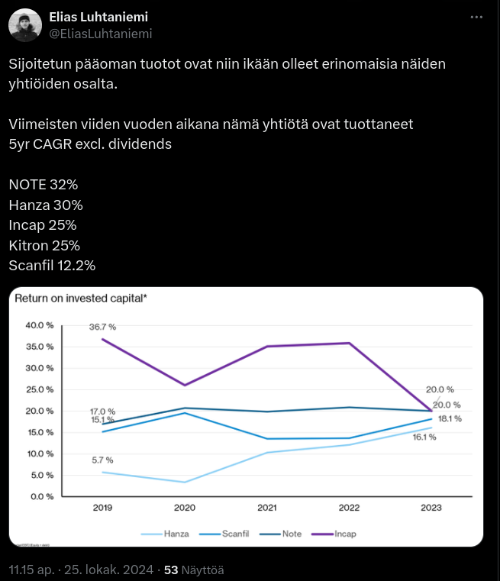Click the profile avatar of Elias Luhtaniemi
coord(25,25)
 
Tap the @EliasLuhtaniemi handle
coord(101,34)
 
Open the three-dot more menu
coord(476,17)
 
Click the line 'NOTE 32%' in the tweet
coord(44,185)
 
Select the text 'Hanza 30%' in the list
coord(46,205)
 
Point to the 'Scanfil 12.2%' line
coord(52,265)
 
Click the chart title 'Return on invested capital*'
coord(81,299)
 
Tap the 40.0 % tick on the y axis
coord(40,325)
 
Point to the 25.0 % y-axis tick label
coord(40,389)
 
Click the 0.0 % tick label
coord(42,496)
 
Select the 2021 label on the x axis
coord(266,508)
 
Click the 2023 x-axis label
coord(431,508)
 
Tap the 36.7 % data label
coord(102,327)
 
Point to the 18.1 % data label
coord(450,419)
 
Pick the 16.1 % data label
coord(424,437)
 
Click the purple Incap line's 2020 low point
coord(184,385)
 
